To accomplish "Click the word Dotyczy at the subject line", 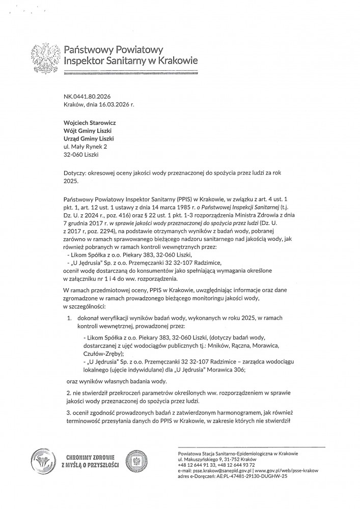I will point(76,173).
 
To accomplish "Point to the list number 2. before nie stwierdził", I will point(69,392).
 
